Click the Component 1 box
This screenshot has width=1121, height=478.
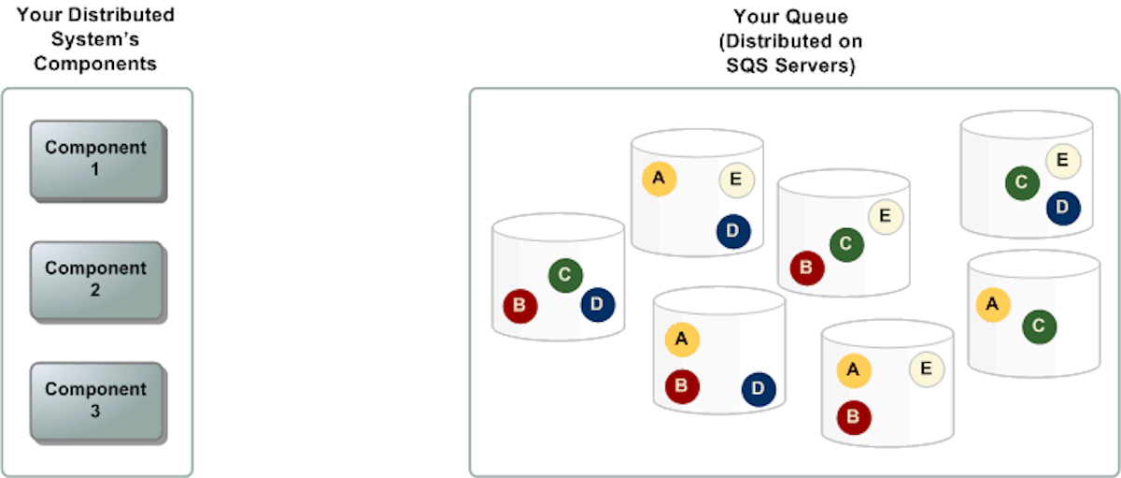(96, 159)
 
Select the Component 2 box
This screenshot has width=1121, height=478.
(96, 280)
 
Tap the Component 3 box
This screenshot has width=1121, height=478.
(96, 400)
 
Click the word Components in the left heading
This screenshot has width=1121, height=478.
(95, 64)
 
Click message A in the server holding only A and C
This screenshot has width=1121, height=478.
(992, 304)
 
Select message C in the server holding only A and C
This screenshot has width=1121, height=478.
(1039, 326)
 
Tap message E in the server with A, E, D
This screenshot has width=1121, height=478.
(736, 180)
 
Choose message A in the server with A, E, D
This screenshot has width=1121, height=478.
(659, 178)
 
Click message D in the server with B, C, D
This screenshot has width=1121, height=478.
(598, 303)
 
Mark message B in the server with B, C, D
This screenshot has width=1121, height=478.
(519, 305)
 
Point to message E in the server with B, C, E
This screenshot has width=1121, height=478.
(885, 217)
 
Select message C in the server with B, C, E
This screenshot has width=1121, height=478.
(845, 244)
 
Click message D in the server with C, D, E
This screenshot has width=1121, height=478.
(1062, 207)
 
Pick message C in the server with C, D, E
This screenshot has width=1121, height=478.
(1022, 182)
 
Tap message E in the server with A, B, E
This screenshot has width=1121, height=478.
(926, 368)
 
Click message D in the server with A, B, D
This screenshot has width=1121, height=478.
(759, 388)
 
